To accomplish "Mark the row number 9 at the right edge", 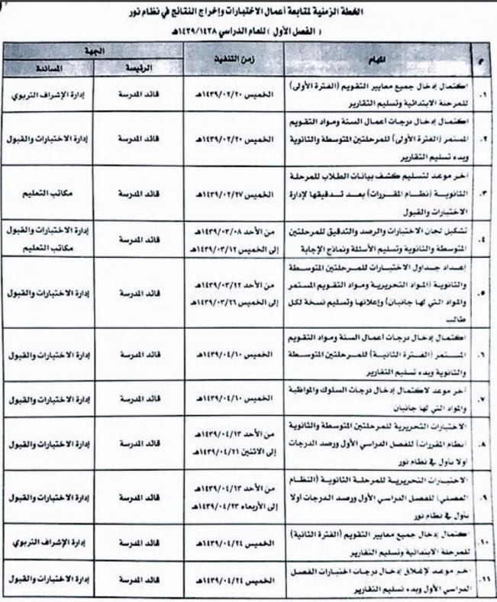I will tap(478, 497).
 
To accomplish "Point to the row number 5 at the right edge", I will tap(479, 291).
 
